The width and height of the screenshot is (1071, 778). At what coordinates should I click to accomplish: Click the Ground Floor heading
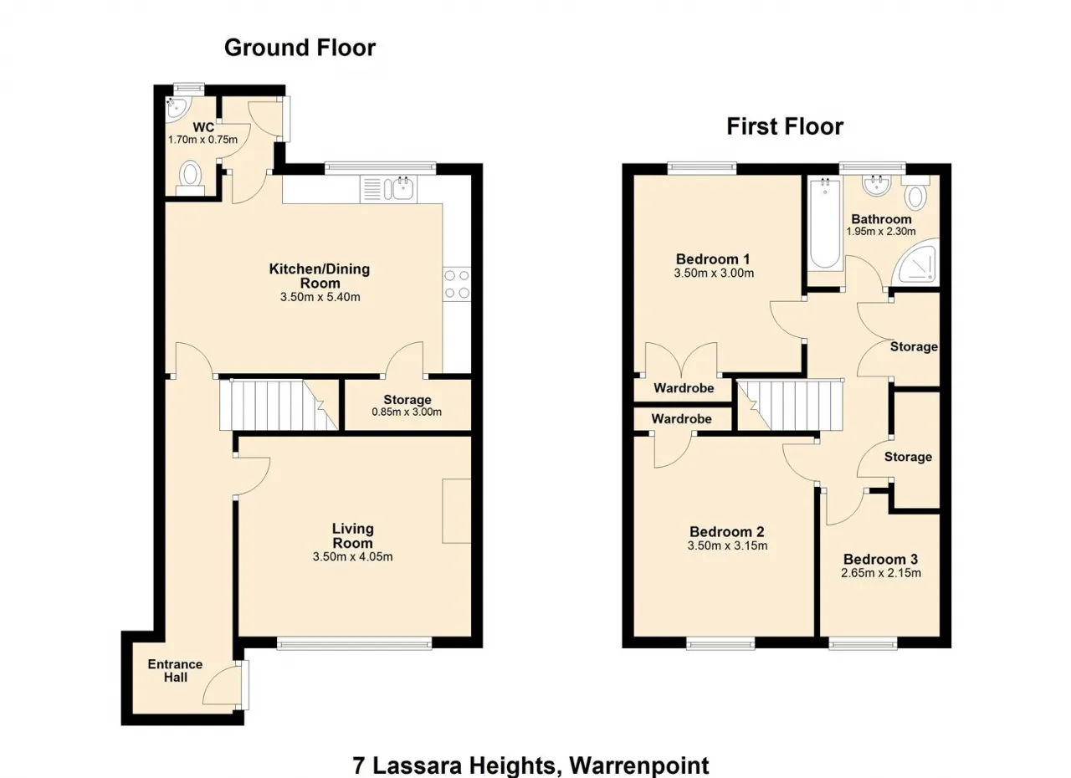click(300, 49)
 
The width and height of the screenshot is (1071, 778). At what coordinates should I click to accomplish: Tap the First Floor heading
click(785, 126)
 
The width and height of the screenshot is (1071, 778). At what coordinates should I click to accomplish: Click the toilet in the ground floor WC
click(190, 178)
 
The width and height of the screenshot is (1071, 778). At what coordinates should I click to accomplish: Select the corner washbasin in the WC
click(177, 109)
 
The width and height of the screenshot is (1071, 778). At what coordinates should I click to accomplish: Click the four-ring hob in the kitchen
click(457, 284)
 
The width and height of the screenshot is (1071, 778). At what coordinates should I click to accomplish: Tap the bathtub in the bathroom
click(825, 223)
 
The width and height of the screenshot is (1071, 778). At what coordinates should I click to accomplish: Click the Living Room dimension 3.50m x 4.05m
click(352, 557)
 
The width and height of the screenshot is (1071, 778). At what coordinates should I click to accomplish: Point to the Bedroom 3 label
click(881, 559)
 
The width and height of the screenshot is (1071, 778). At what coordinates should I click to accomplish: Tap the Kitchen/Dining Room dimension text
click(320, 297)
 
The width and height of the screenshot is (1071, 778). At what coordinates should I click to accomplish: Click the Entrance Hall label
click(175, 670)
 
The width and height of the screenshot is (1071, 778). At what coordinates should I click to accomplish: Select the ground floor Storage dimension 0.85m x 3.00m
click(407, 412)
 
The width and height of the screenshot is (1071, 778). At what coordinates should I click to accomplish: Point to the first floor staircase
click(790, 405)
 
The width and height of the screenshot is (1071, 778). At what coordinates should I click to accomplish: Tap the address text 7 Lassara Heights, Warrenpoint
click(530, 765)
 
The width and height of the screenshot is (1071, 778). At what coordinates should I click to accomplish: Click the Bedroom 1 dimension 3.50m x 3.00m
click(714, 274)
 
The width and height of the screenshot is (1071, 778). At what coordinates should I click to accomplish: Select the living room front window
click(354, 644)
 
